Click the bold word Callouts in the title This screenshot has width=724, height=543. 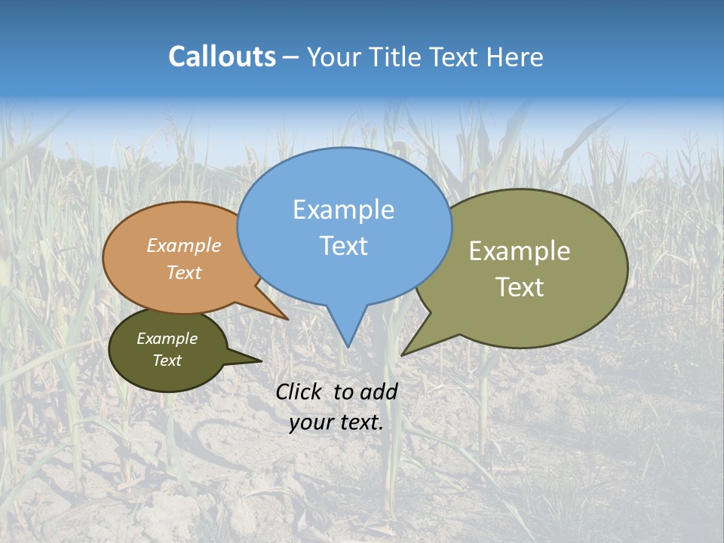[222, 57]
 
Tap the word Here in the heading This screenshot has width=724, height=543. [516, 57]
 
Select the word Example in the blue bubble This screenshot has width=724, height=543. [343, 210]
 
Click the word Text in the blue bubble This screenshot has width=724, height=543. [343, 246]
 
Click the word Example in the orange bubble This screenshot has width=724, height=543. [184, 246]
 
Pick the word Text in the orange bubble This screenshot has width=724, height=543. [184, 273]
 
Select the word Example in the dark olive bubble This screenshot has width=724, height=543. [167, 339]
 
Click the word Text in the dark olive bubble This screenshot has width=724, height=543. [167, 360]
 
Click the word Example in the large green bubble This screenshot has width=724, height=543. [520, 251]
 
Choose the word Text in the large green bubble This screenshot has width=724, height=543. [520, 287]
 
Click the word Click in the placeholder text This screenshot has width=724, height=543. [299, 392]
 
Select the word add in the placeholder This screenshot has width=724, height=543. [379, 392]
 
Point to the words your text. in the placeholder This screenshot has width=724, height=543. [336, 423]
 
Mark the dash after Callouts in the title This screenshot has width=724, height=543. [292, 57]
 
